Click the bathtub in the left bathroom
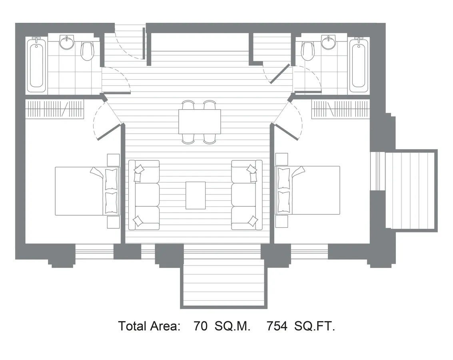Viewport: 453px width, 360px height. pos(37,65)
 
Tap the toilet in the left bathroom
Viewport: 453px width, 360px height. pos(87,51)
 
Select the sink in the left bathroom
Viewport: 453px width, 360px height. pos(67,42)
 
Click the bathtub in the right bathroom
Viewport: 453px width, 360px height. pos(359,65)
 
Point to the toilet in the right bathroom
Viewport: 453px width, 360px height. pos(307,51)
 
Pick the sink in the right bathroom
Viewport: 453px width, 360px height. pos(329,42)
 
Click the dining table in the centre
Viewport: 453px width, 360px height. pos(200,122)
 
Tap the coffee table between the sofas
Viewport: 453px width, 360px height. pos(196,195)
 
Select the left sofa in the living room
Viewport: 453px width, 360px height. pos(144,195)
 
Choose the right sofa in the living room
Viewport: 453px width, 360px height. pos(247,195)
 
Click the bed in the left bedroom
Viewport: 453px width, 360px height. pos(88,191)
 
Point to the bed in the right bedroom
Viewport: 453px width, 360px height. pos(307,191)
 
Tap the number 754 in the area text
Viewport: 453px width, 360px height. pos(277,326)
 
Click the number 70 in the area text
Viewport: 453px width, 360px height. pos(200,326)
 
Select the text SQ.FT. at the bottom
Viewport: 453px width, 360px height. pos(315,326)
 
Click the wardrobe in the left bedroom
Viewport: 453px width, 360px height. pos(55,109)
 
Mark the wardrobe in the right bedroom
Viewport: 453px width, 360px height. pos(341,109)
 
